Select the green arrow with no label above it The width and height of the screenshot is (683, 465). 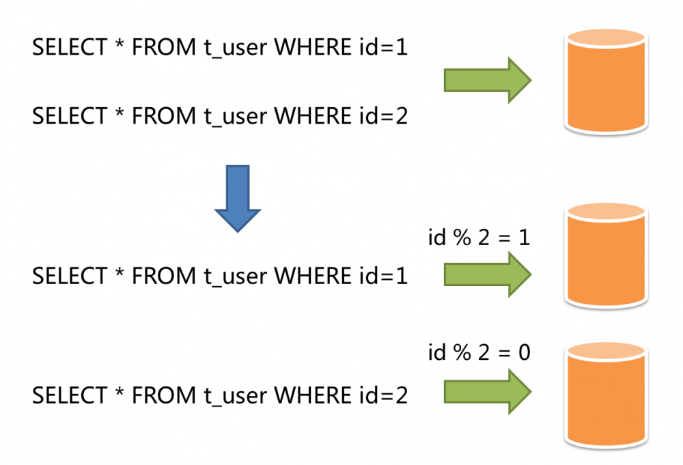pos(487,81)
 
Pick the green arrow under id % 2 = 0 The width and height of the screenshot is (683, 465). pos(487,391)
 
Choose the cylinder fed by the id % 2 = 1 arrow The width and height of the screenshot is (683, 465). pos(605,257)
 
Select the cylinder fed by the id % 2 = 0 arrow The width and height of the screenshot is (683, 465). pos(605,395)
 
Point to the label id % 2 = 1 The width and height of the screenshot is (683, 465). pos(478,238)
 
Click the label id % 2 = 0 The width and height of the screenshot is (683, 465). pos(478,353)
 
